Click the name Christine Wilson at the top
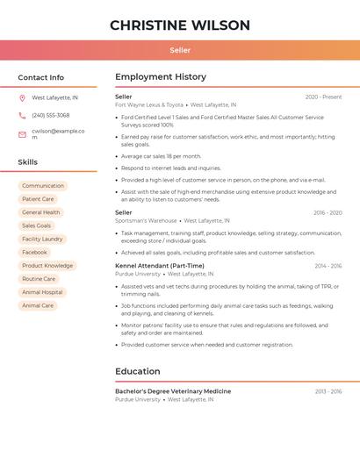click(180, 25)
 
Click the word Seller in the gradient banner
click(180, 50)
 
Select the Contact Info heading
click(40, 77)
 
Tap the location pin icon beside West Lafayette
click(22, 98)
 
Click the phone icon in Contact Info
click(22, 115)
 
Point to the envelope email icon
click(22, 134)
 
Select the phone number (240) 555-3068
click(51, 115)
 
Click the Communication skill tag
click(43, 186)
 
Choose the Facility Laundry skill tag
click(42, 239)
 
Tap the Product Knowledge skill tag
click(47, 266)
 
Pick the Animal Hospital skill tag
click(42, 292)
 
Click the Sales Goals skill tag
click(37, 225)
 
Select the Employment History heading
click(161, 77)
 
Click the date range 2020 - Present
click(323, 97)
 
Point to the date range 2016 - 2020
click(328, 212)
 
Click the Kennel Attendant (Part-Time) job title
click(160, 266)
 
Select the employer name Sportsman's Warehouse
click(146, 221)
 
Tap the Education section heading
click(138, 371)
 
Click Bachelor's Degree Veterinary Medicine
click(173, 391)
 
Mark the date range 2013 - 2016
click(328, 391)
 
